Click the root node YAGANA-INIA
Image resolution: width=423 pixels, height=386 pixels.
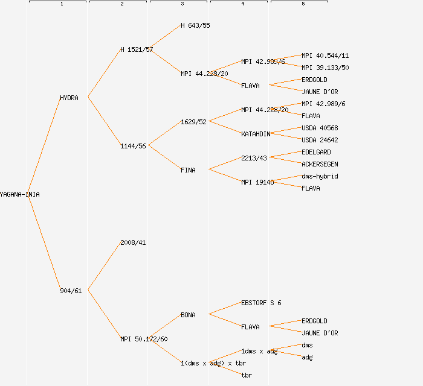[19, 194]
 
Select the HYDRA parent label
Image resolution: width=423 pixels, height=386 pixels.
[69, 98]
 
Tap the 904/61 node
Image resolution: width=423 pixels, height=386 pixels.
[71, 291]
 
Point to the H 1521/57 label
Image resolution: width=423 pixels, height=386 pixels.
[137, 49]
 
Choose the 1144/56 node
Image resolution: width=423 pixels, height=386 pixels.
[133, 146]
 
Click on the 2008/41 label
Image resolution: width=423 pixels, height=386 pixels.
[133, 242]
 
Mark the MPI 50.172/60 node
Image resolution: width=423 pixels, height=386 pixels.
[144, 339]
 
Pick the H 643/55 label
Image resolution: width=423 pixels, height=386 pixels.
[195, 25]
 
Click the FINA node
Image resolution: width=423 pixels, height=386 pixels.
[188, 170]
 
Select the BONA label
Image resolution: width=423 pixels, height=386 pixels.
[188, 315]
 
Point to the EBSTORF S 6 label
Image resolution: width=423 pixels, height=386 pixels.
[261, 303]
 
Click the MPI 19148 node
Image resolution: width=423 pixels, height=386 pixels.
[257, 182]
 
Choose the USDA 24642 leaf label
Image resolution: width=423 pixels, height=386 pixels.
[320, 140]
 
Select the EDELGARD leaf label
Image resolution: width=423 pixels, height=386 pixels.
[316, 152]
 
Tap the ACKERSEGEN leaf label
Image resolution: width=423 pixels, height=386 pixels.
[320, 164]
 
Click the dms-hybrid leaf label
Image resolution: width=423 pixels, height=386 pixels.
[320, 176]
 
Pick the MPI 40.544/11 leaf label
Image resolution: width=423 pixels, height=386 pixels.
[325, 55]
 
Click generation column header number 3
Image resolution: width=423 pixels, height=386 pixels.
[182, 4]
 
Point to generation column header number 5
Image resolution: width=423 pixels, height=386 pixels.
[303, 4]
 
